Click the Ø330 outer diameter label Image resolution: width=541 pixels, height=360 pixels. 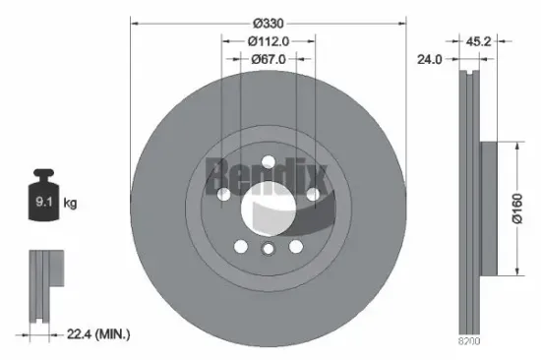click(269, 22)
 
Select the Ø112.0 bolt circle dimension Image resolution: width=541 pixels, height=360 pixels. click(269, 41)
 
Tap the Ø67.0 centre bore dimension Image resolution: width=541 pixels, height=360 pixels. click(269, 59)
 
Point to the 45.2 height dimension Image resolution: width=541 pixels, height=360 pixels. click(479, 41)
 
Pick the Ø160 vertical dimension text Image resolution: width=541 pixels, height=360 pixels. click(514, 209)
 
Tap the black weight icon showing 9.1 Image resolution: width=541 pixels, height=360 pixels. click(43, 200)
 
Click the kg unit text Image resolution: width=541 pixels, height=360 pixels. click(70, 204)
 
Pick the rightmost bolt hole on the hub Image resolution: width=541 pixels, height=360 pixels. click(313, 195)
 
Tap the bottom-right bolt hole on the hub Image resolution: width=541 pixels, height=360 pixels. click(295, 246)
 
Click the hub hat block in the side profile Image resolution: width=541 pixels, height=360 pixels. click(490, 209)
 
